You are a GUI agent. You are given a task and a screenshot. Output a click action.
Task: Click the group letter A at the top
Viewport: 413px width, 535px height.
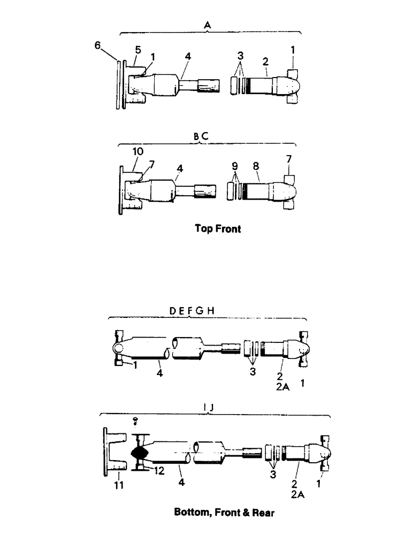pyautogui.click(x=208, y=24)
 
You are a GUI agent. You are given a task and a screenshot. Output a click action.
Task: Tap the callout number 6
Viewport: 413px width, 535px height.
pyautogui.click(x=97, y=46)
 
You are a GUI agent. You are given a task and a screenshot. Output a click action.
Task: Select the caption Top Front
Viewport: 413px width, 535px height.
pyautogui.click(x=218, y=229)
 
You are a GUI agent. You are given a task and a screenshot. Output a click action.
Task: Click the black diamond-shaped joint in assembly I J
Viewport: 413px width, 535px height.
pyautogui.click(x=140, y=452)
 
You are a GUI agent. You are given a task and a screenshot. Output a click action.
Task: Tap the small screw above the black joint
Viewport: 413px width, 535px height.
pyautogui.click(x=135, y=421)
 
